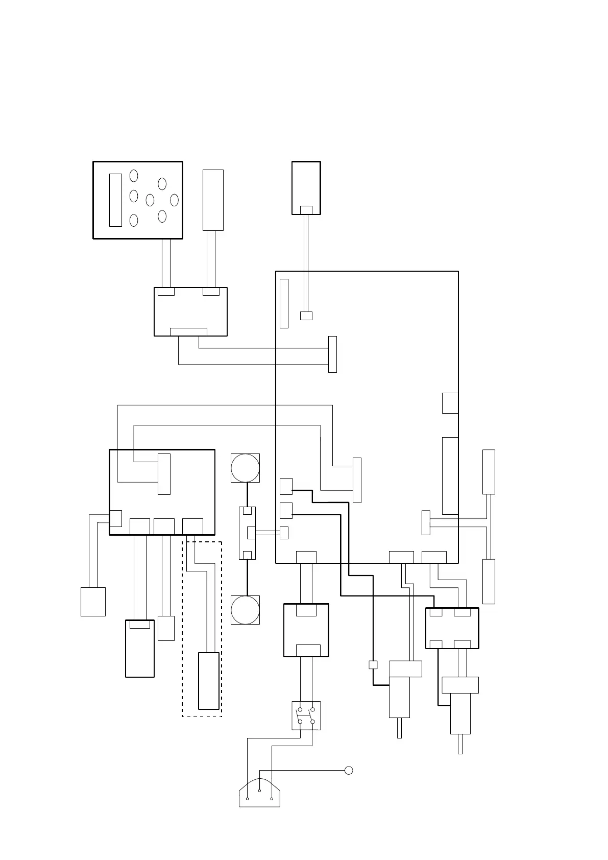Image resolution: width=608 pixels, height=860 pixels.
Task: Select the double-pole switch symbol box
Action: tap(306, 715)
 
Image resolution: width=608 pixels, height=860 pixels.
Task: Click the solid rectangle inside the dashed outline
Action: tap(208, 681)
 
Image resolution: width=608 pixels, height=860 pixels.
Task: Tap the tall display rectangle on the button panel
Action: tap(115, 200)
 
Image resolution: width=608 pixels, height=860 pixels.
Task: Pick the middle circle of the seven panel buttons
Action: tap(150, 200)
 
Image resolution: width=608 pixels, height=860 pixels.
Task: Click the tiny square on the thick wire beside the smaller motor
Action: tap(373, 665)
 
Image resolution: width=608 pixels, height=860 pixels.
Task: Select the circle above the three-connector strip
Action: tap(245, 468)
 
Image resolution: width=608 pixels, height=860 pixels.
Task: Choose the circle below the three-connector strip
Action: tap(245, 610)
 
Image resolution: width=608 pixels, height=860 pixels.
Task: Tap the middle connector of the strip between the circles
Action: tap(251, 533)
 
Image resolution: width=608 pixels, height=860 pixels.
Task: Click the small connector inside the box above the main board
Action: tap(306, 210)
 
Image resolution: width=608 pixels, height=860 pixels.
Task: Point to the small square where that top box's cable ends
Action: tap(306, 316)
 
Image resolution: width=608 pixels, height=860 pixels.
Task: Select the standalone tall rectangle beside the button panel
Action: tap(213, 200)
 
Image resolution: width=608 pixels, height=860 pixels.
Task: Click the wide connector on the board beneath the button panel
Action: tap(188, 332)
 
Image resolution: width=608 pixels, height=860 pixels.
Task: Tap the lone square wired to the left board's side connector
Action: tap(93, 602)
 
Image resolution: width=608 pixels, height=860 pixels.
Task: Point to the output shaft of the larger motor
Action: tap(460, 744)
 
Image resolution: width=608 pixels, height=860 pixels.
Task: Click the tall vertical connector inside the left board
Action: tap(164, 474)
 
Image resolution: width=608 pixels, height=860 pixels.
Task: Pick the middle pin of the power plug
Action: tap(260, 791)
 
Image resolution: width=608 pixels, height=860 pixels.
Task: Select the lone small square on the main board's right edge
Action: tap(450, 403)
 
